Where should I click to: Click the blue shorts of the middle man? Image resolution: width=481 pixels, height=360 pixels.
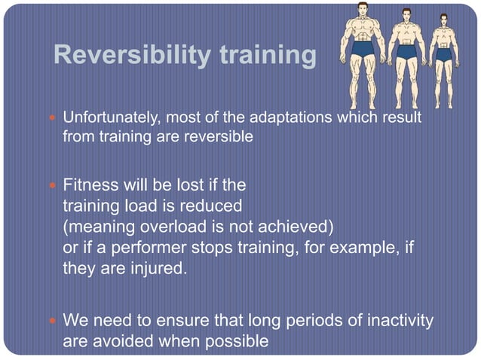tap(406, 53)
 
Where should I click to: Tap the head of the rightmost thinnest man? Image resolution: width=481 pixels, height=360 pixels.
tap(443, 20)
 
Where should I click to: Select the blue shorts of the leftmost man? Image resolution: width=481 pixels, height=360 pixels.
tap(364, 50)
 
